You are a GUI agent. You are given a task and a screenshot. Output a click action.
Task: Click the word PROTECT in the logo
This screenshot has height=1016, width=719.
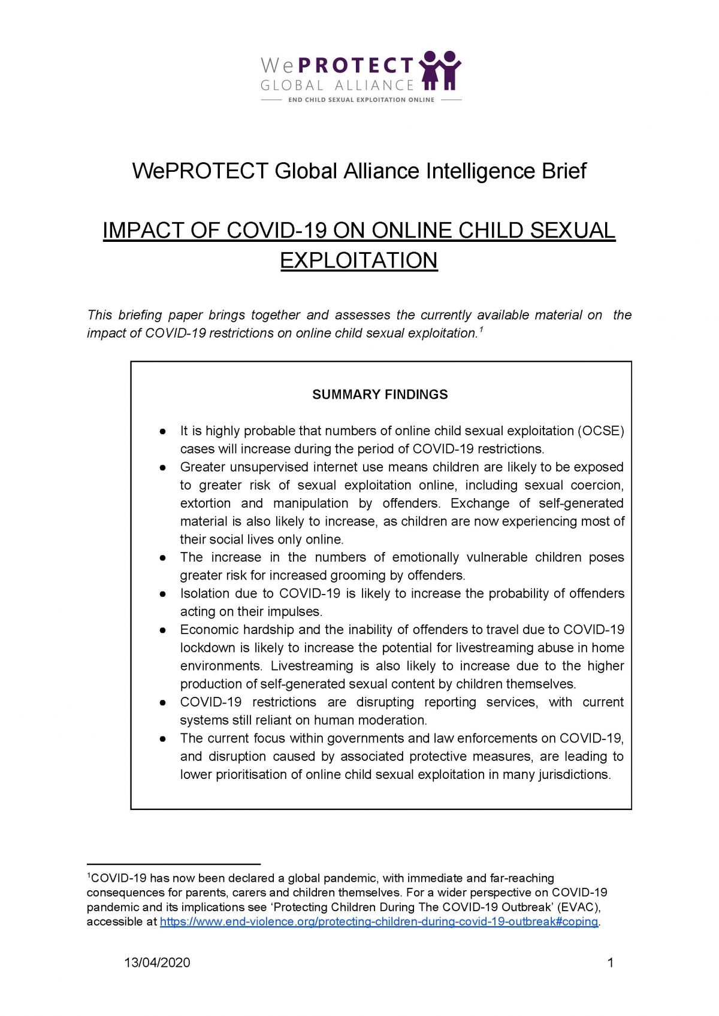point(356,65)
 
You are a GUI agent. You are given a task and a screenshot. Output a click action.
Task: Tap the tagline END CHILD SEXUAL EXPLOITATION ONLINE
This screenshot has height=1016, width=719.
point(361,100)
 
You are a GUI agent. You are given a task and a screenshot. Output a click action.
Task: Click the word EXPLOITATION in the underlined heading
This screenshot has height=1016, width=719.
point(359,260)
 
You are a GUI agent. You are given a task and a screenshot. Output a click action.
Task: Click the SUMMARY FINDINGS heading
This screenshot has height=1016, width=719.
point(380,395)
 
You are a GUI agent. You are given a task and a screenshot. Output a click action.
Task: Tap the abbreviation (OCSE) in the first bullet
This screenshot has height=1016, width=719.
point(600,431)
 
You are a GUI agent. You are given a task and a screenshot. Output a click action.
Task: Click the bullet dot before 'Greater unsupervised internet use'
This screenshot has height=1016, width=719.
point(162,467)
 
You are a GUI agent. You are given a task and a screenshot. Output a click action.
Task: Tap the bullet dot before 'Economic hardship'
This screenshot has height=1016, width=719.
point(162,630)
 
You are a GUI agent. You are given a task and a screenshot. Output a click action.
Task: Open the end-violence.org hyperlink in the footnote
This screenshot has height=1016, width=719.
point(379,922)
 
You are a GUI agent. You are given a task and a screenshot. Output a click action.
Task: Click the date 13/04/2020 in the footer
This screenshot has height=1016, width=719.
point(157,963)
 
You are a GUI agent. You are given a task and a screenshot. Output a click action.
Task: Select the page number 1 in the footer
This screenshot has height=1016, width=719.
point(611,963)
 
